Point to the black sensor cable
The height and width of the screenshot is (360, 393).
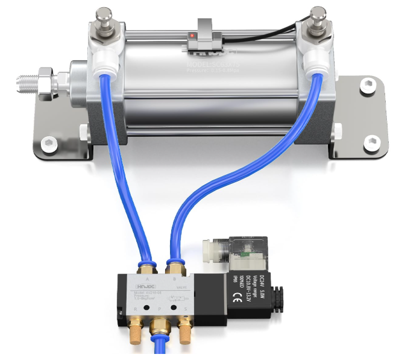tap(283, 27)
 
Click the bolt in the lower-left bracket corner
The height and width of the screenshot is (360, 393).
tap(49, 145)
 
